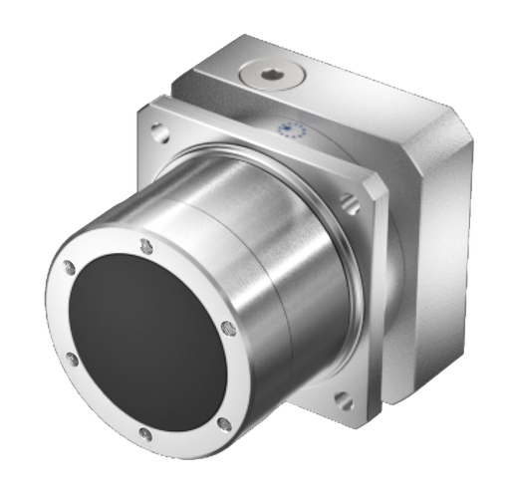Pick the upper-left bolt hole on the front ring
[69, 266]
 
